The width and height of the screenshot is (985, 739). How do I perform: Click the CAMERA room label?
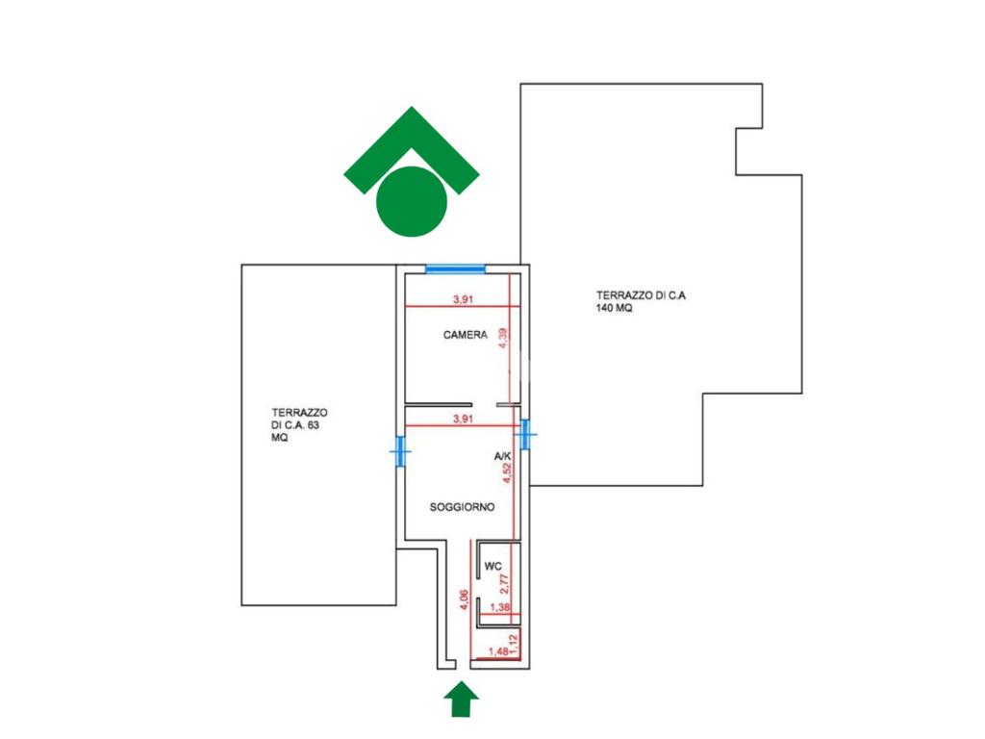(x=466, y=336)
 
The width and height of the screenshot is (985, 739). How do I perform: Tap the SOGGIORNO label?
(x=463, y=507)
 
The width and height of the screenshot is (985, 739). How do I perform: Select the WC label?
(x=493, y=566)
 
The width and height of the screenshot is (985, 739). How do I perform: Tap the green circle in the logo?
(x=411, y=201)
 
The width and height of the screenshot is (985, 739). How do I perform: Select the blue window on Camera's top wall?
(x=455, y=269)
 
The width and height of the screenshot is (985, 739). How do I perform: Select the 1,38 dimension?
(x=499, y=608)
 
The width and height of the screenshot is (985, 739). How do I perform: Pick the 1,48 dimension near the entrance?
(x=499, y=652)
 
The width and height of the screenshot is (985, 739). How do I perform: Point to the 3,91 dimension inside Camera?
(x=463, y=299)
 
